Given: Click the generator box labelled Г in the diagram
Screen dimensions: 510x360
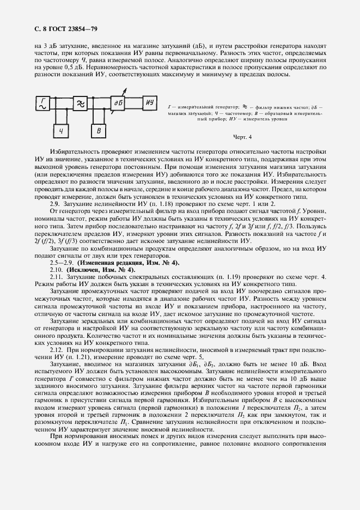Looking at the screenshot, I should coord(41,102).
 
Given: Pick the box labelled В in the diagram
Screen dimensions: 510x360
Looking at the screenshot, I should coord(99,131).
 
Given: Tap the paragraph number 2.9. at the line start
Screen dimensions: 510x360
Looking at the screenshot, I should coord(56,203).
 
